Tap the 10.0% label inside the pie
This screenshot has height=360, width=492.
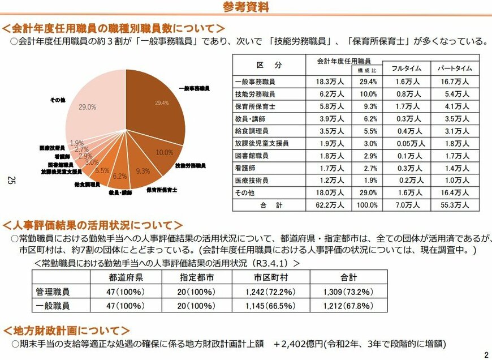coord(164,152)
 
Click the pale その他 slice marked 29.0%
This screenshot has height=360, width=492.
coord(90,108)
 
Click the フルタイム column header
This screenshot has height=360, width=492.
coord(407,68)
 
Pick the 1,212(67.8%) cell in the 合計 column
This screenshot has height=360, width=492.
coord(349,306)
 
